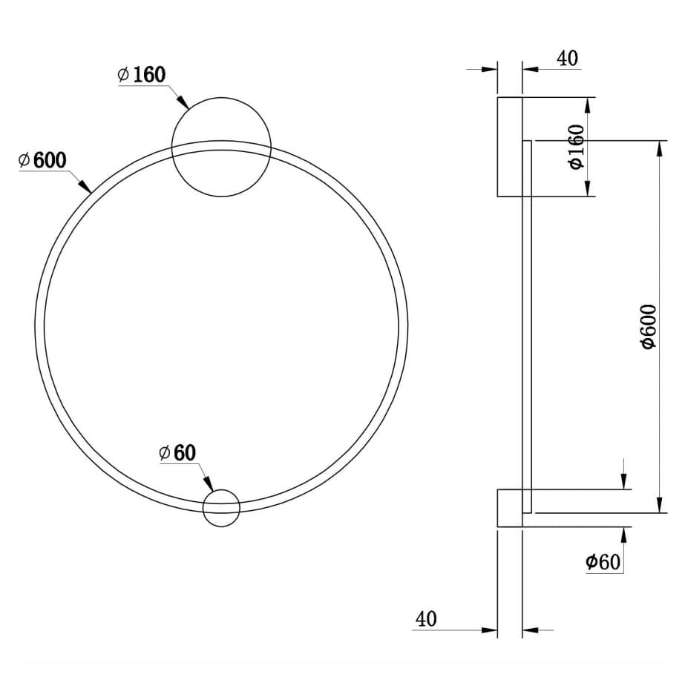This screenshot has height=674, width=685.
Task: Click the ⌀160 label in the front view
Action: pyautogui.click(x=142, y=75)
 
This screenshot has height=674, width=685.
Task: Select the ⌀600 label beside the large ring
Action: pyautogui.click(x=42, y=160)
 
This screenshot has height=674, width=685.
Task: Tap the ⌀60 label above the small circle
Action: pyautogui.click(x=177, y=453)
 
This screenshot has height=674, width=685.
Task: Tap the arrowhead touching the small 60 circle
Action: pyautogui.click(x=209, y=484)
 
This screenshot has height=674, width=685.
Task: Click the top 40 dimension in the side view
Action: pyautogui.click(x=567, y=59)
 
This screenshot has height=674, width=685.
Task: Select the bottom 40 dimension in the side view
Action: pyautogui.click(x=426, y=619)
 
